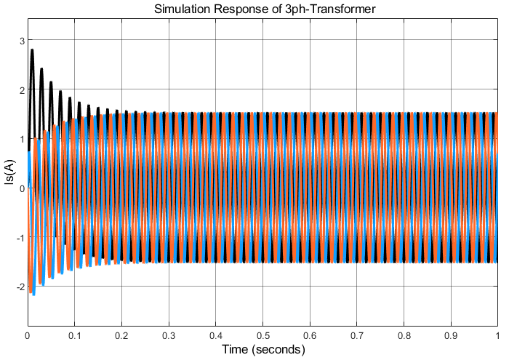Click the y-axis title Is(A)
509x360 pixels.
tap(9, 188)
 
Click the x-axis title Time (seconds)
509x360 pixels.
tap(262, 350)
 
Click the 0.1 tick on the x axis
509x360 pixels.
tap(74, 337)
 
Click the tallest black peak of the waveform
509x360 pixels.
tap(32, 50)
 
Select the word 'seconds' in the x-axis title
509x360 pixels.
tap(278, 350)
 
